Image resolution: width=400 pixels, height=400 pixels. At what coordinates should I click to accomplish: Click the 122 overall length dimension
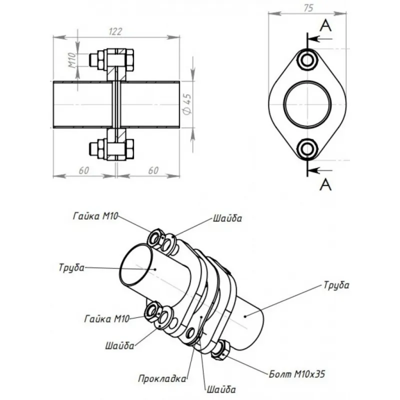[x=115, y=31]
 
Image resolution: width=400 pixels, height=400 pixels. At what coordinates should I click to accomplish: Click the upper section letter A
[x=325, y=26]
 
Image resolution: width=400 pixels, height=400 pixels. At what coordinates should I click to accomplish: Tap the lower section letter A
[x=325, y=184]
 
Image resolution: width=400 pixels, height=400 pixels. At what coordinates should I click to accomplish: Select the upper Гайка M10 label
[x=94, y=214]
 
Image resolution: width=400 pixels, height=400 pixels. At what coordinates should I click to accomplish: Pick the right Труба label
[x=336, y=285]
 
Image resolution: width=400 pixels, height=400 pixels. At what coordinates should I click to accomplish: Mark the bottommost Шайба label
[x=219, y=388]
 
